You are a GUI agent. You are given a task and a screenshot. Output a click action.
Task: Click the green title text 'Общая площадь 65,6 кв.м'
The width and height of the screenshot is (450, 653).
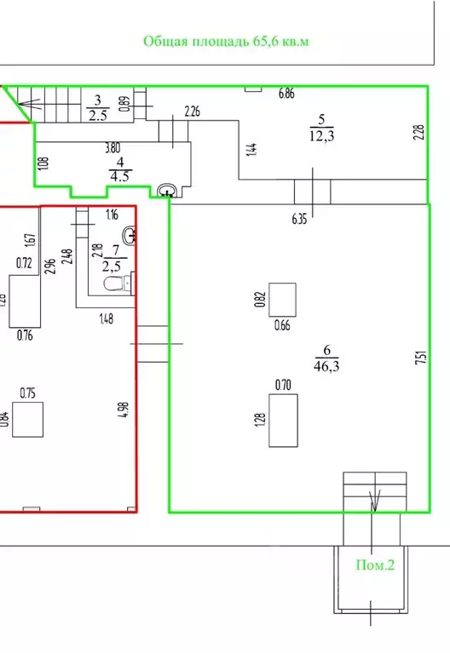[x=226, y=42]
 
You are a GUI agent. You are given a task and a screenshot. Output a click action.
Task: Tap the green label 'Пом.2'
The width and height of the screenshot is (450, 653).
[x=375, y=565]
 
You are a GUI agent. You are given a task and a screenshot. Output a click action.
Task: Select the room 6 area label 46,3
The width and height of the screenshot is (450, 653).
[x=326, y=366]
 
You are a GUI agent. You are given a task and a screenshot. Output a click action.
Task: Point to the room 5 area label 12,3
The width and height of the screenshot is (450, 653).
[x=321, y=135]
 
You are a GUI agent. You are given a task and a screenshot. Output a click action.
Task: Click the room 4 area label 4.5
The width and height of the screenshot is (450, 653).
[x=119, y=176]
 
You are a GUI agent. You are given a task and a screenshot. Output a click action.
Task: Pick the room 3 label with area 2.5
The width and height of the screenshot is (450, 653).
[x=98, y=108]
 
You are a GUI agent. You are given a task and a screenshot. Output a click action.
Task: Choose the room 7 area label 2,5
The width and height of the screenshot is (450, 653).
[x=112, y=266]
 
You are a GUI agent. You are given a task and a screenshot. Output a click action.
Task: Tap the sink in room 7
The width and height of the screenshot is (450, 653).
[x=130, y=235]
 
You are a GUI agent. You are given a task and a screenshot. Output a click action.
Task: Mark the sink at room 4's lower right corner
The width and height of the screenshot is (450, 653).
[x=169, y=191]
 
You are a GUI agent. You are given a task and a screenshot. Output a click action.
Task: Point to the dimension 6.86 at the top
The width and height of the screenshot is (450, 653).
[x=286, y=94]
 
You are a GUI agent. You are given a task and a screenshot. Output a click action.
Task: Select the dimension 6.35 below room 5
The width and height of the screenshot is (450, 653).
[x=299, y=219]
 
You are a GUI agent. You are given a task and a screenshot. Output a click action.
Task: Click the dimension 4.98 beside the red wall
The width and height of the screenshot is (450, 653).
[x=124, y=410]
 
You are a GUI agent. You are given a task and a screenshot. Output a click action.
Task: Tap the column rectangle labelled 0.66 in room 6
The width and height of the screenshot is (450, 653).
[x=282, y=300]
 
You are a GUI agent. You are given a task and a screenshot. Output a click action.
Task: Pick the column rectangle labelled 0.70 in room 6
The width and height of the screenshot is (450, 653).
[x=283, y=421]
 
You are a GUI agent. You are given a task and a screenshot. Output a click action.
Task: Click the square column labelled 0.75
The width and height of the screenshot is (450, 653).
[x=27, y=420]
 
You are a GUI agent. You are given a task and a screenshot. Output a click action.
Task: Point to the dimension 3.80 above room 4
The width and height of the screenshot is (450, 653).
[x=112, y=148]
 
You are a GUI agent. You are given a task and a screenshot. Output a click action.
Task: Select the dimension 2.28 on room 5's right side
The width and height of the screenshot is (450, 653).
[x=419, y=133]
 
